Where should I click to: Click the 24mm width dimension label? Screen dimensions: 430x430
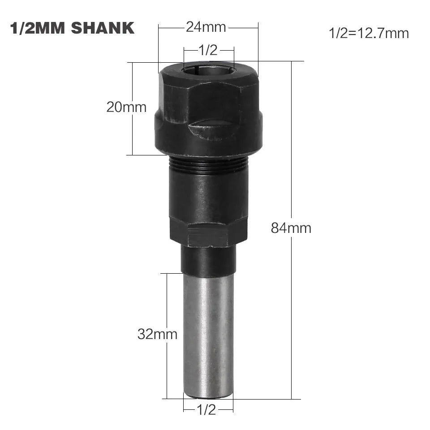click(206, 28)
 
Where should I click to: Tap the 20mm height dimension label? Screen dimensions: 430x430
click(126, 107)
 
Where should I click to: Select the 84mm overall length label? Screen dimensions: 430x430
click(291, 228)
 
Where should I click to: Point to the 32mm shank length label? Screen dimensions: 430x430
click(157, 334)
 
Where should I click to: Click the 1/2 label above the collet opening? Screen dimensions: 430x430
click(207, 50)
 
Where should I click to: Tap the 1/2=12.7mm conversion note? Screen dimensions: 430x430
click(369, 33)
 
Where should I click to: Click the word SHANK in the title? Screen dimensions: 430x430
click(103, 28)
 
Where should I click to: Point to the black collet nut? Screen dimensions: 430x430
click(208, 112)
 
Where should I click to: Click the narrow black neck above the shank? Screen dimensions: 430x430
click(208, 260)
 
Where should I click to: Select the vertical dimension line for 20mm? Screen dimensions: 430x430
click(133, 134)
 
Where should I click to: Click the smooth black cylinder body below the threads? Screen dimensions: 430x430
click(208, 193)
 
